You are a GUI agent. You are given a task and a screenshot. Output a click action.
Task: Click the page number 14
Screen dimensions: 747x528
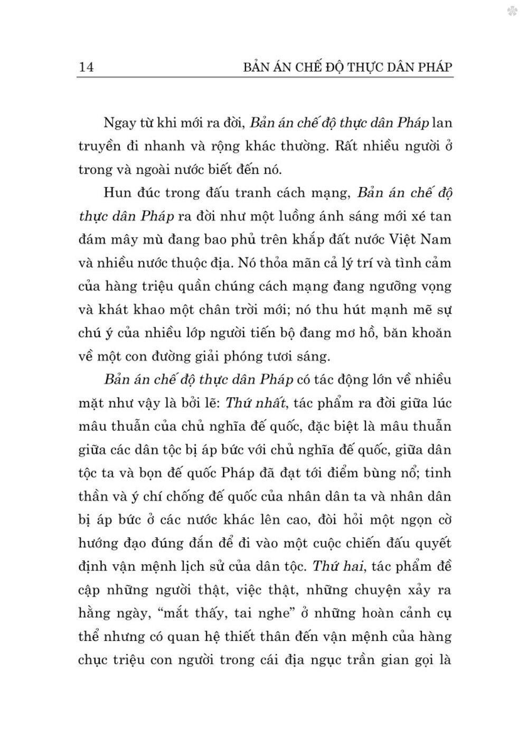tap(86, 68)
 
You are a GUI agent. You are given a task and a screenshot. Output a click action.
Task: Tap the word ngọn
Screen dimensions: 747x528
tap(403, 519)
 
